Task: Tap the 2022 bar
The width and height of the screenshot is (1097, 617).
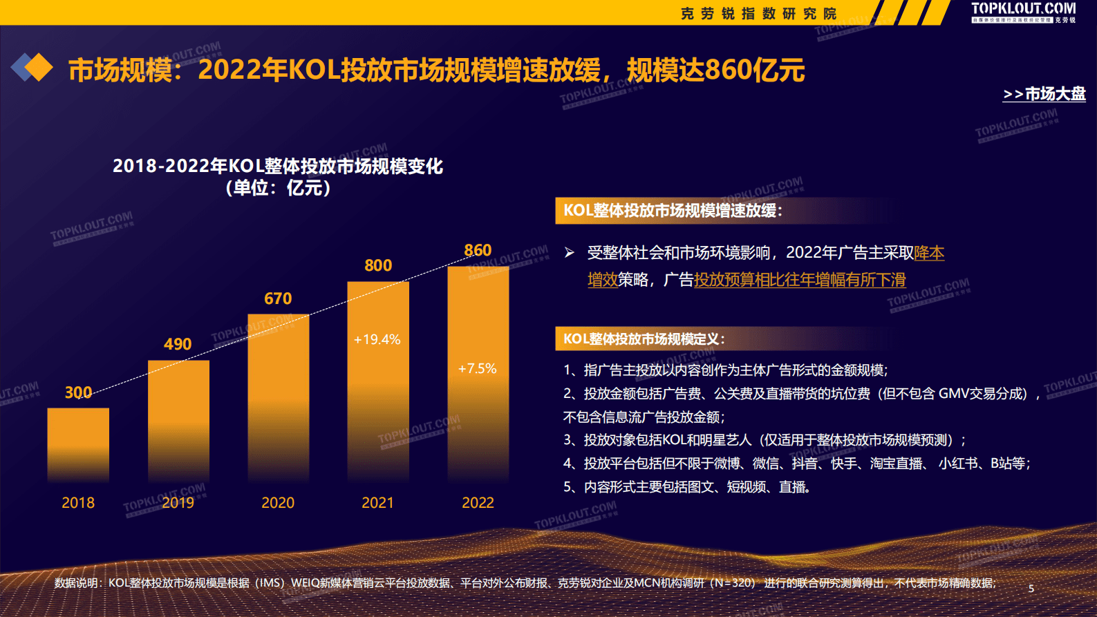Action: click(x=478, y=373)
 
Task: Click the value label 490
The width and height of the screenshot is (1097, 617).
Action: click(x=178, y=344)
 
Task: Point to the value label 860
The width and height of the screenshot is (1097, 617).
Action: click(x=478, y=250)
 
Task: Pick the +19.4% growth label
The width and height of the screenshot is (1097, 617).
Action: click(x=377, y=339)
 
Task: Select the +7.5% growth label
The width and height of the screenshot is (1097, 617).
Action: click(x=478, y=368)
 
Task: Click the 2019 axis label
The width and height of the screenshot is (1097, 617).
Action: click(x=178, y=503)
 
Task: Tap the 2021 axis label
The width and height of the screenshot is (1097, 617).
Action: click(x=377, y=503)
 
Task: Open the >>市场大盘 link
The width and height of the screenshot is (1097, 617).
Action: click(x=1044, y=94)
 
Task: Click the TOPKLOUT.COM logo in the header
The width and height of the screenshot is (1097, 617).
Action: click(x=1023, y=10)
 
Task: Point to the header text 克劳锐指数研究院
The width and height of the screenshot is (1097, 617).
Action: click(x=758, y=14)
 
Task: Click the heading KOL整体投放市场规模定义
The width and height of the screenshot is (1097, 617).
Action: click(x=644, y=339)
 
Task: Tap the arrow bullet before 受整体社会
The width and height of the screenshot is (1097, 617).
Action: click(x=569, y=253)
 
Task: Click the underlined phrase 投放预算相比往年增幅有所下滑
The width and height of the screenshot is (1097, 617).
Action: click(x=800, y=280)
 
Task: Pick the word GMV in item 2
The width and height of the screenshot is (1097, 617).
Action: click(x=953, y=393)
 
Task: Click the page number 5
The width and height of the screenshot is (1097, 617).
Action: click(x=1031, y=589)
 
